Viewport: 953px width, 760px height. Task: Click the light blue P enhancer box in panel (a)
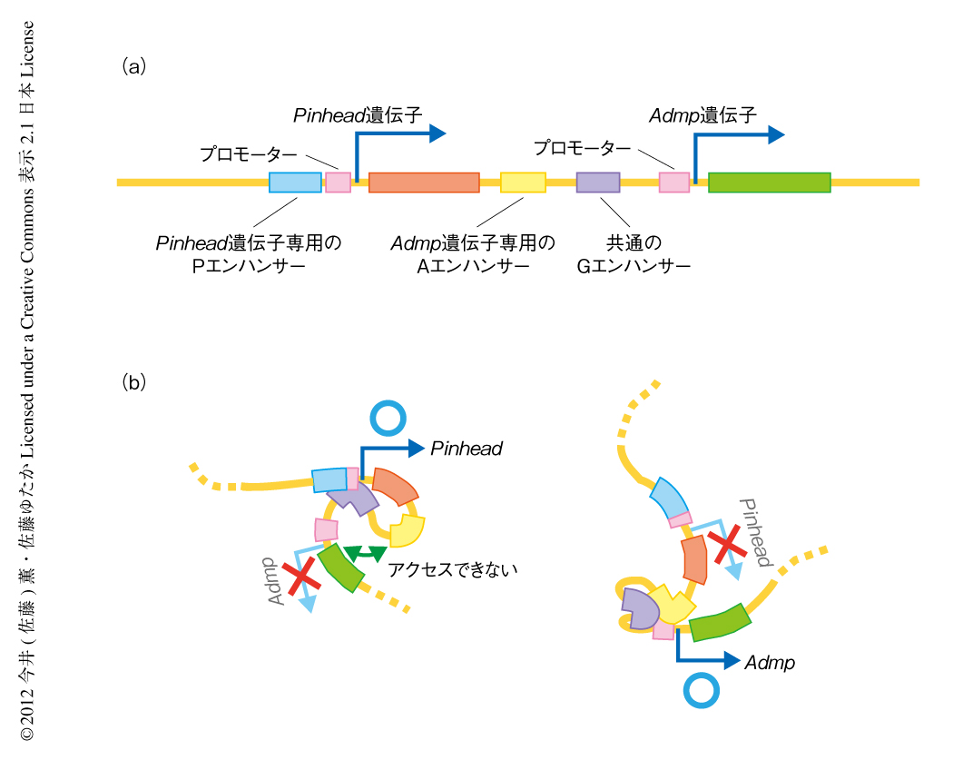click(295, 182)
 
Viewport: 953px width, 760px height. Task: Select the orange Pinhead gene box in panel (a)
click(424, 183)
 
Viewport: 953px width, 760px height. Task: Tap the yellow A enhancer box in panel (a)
click(523, 183)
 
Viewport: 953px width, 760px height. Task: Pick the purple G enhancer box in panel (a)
click(598, 182)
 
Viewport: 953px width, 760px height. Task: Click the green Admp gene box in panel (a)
click(769, 183)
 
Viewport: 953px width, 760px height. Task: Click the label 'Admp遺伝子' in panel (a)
click(702, 115)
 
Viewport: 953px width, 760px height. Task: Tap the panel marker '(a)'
click(133, 66)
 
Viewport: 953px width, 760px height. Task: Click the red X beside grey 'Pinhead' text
click(727, 547)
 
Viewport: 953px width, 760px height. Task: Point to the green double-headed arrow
click(367, 551)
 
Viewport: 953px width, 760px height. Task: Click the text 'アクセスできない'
click(451, 569)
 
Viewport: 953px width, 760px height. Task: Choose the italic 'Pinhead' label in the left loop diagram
click(467, 449)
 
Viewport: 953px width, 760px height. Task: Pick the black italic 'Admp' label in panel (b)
click(769, 663)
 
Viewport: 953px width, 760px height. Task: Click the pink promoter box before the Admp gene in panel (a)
click(674, 182)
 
